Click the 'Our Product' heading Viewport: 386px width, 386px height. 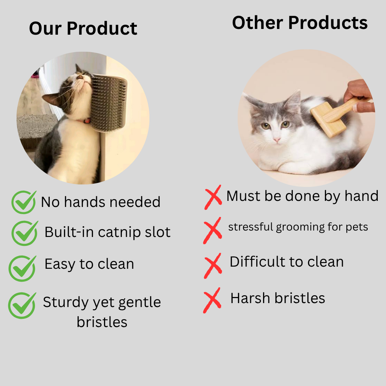pyautogui.click(x=83, y=28)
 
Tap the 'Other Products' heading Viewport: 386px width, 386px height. pyautogui.click(x=300, y=23)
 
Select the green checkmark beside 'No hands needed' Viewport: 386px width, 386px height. pyautogui.click(x=24, y=202)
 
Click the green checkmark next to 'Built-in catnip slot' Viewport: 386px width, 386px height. pyautogui.click(x=24, y=233)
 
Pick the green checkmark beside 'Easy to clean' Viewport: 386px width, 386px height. pyautogui.click(x=22, y=268)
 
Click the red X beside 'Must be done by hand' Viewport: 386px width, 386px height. pyautogui.click(x=213, y=197)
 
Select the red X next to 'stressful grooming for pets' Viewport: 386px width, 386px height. pyautogui.click(x=212, y=230)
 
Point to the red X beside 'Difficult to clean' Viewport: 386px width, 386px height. pyautogui.click(x=213, y=265)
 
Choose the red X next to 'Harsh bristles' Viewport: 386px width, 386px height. pyautogui.click(x=212, y=300)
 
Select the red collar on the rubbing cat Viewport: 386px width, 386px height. pyautogui.click(x=87, y=121)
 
